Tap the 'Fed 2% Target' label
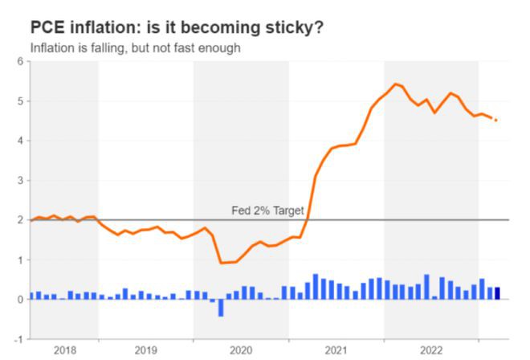click(x=267, y=211)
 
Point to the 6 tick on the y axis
click(x=21, y=62)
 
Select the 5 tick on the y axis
click(x=21, y=101)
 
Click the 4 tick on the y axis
click(x=21, y=141)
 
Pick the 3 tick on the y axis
click(x=21, y=180)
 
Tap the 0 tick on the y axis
click(x=21, y=299)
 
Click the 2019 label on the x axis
click(x=145, y=350)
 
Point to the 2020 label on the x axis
click(x=240, y=350)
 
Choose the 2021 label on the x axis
click(x=336, y=350)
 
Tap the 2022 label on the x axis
click(x=430, y=350)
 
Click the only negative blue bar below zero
click(x=220, y=307)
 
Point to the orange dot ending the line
click(x=496, y=121)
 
